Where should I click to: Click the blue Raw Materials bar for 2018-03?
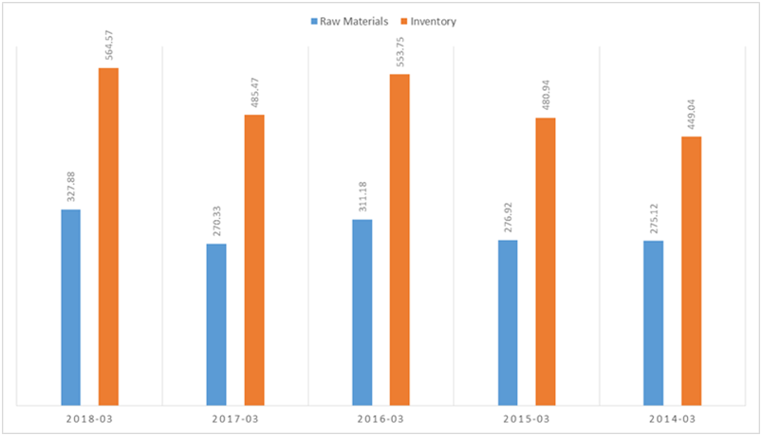click(71, 307)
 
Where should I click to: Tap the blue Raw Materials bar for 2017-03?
click(216, 324)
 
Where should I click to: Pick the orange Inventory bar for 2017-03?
click(254, 260)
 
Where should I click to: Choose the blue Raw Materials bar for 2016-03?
click(362, 312)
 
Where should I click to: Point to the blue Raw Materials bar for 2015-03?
click(508, 322)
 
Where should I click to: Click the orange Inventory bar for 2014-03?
click(691, 271)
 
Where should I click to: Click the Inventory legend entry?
click(427, 21)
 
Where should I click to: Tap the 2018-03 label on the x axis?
click(89, 418)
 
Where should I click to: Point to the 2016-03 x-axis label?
click(381, 418)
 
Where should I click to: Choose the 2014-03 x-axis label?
click(672, 418)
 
